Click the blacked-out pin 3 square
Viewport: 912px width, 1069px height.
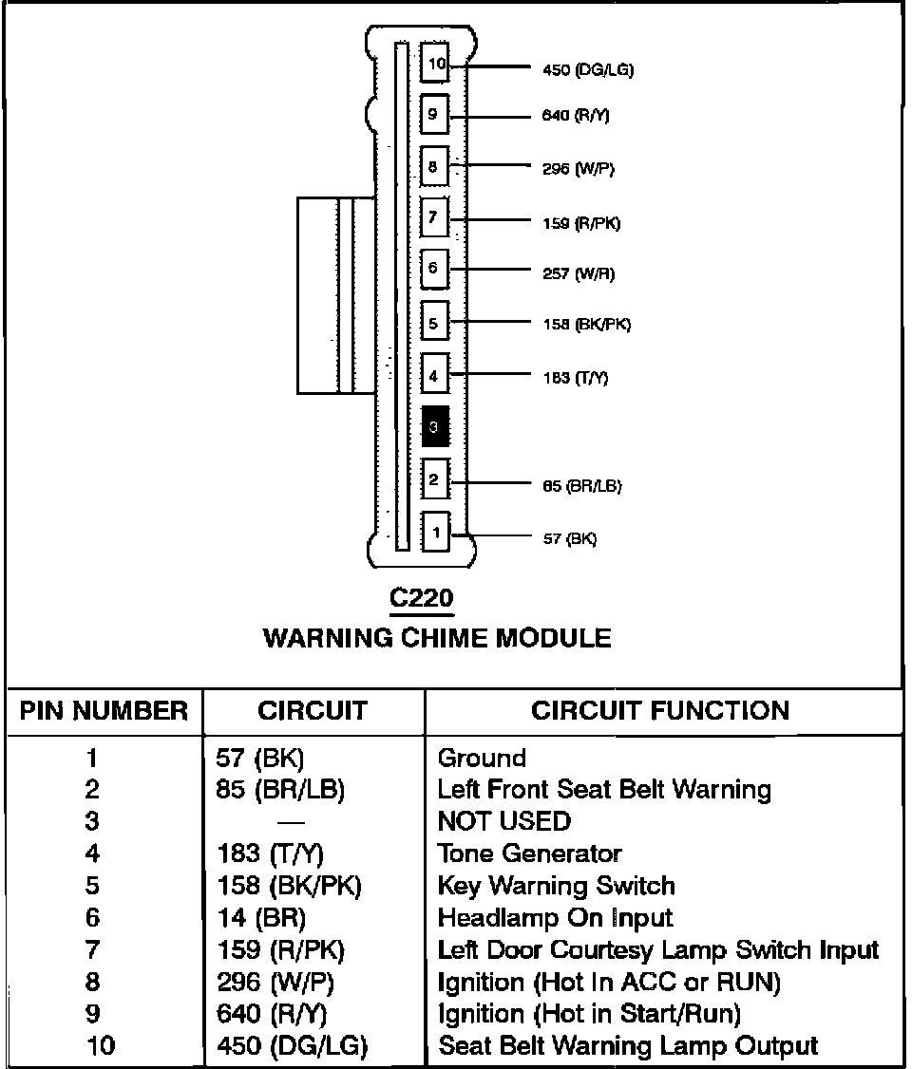click(434, 427)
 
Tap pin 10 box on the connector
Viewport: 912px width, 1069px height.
click(435, 64)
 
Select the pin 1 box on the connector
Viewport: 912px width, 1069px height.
click(435, 533)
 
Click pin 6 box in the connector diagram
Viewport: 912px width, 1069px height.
click(434, 269)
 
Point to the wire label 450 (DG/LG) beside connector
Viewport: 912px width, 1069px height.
click(587, 69)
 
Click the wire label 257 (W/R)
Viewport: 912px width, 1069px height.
click(578, 273)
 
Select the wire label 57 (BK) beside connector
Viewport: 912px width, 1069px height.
click(569, 538)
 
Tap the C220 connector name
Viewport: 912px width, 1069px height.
click(422, 598)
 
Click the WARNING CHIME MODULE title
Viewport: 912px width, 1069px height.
click(437, 637)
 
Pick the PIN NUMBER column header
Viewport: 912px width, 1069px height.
click(104, 711)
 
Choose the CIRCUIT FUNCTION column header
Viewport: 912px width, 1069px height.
click(660, 711)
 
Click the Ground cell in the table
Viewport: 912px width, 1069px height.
click(482, 758)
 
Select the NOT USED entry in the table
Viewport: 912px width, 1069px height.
click(504, 820)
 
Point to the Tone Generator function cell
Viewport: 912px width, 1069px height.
click(529, 853)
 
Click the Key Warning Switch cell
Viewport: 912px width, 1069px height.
click(556, 886)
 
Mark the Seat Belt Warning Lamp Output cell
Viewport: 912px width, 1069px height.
click(627, 1046)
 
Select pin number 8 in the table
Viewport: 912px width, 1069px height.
click(92, 983)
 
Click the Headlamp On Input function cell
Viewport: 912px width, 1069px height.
click(555, 918)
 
